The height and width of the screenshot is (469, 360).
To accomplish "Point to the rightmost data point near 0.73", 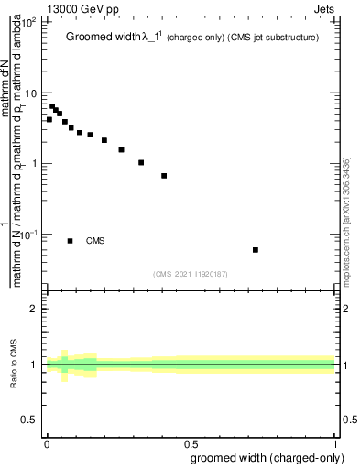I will tap(256, 249).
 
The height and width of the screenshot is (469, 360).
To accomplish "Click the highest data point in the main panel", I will tap(52, 106).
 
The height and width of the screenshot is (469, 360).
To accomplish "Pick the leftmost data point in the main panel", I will tap(49, 119).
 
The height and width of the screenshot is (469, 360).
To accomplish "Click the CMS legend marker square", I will tap(71, 241).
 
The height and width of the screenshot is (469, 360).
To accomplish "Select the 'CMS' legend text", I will tap(95, 241).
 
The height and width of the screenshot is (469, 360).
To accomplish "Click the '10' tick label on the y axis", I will tap(30, 93).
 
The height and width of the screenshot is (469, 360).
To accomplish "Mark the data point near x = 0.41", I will tap(164, 176).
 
